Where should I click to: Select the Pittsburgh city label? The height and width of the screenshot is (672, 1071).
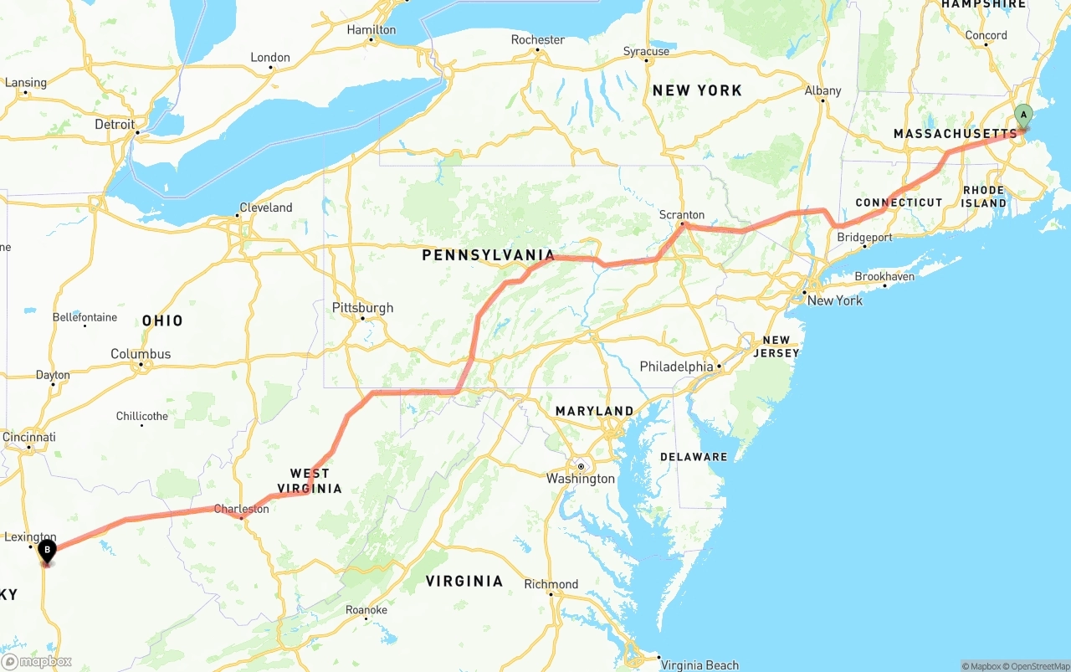click(x=362, y=308)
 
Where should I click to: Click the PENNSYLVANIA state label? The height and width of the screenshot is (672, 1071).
click(x=488, y=255)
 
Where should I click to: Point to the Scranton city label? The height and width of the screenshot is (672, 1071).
click(x=682, y=215)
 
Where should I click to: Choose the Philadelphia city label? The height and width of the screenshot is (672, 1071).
click(x=676, y=367)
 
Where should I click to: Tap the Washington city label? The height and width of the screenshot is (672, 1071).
click(x=581, y=479)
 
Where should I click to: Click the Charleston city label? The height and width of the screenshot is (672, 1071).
click(x=241, y=509)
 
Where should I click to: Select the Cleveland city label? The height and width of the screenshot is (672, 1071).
click(x=266, y=208)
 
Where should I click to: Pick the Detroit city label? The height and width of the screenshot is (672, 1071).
click(x=115, y=125)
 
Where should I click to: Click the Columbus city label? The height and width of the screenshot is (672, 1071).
click(x=141, y=354)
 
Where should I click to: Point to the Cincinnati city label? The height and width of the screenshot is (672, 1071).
click(x=29, y=437)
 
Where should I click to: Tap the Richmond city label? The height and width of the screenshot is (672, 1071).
click(x=551, y=584)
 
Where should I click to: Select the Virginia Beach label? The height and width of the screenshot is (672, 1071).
click(x=699, y=665)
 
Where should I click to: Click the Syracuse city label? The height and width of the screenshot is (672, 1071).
click(x=646, y=52)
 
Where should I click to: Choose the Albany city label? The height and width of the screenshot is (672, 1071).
click(x=822, y=90)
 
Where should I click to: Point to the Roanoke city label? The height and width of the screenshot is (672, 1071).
click(x=366, y=610)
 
